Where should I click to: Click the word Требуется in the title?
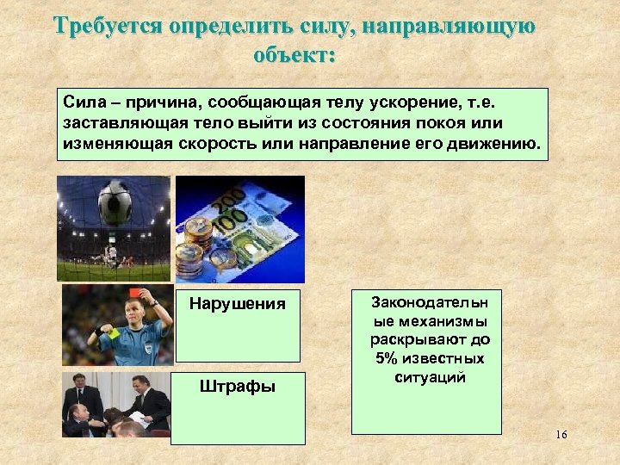point(108,25)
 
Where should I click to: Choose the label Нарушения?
point(237,304)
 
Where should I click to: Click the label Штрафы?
point(237,387)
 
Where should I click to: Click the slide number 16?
point(561,435)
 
